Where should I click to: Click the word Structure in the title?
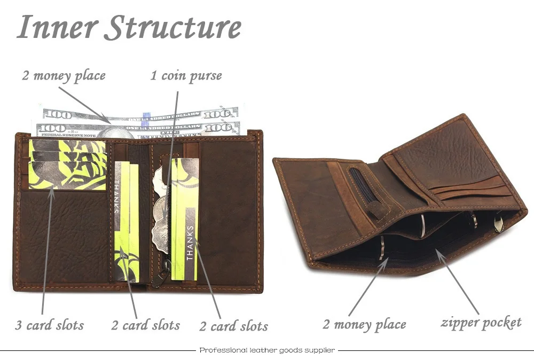coord(172,28)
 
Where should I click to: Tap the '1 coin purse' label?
coord(186,76)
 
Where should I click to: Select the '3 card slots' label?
coord(50,325)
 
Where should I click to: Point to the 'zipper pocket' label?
coord(481,322)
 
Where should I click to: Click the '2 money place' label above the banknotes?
coord(64,75)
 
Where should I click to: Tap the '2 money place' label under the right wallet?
coord(364,324)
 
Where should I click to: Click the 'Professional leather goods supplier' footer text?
coord(267,350)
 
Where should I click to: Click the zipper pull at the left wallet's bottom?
coord(158,278)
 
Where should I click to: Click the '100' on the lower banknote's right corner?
coord(219,128)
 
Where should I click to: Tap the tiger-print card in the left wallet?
coord(67,165)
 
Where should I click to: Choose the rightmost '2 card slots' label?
coord(233,326)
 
